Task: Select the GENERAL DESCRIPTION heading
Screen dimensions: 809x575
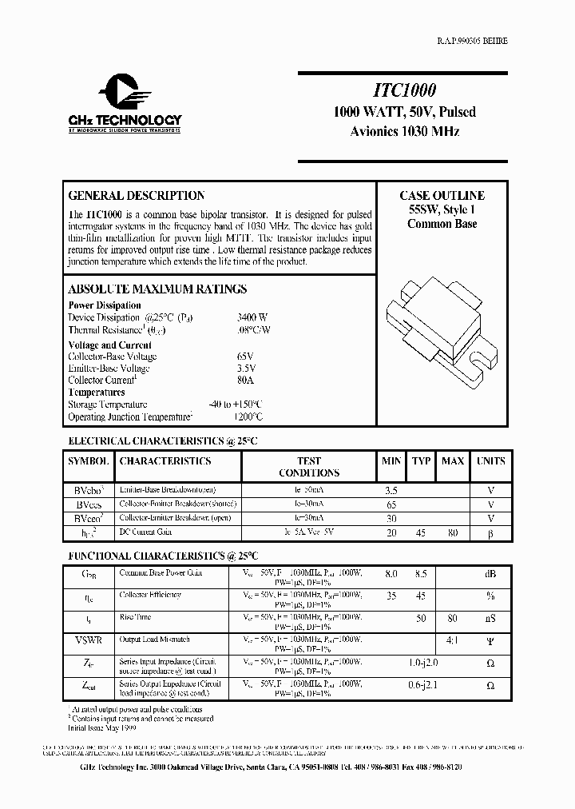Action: [x=136, y=196]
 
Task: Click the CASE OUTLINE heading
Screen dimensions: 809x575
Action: [x=442, y=196]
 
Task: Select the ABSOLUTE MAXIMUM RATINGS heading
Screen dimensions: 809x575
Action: [x=157, y=289]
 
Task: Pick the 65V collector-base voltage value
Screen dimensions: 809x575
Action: [x=246, y=357]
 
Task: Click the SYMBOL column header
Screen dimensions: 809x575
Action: [x=88, y=461]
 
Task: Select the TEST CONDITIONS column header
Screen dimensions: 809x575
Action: [x=308, y=467]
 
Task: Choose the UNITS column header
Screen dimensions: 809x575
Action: [x=490, y=461]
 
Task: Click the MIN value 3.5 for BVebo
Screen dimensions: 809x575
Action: [x=391, y=490]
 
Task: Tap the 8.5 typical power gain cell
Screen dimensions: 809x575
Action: [x=421, y=573]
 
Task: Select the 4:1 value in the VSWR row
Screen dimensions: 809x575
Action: [x=453, y=640]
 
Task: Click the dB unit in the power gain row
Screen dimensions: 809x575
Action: [x=490, y=573]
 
